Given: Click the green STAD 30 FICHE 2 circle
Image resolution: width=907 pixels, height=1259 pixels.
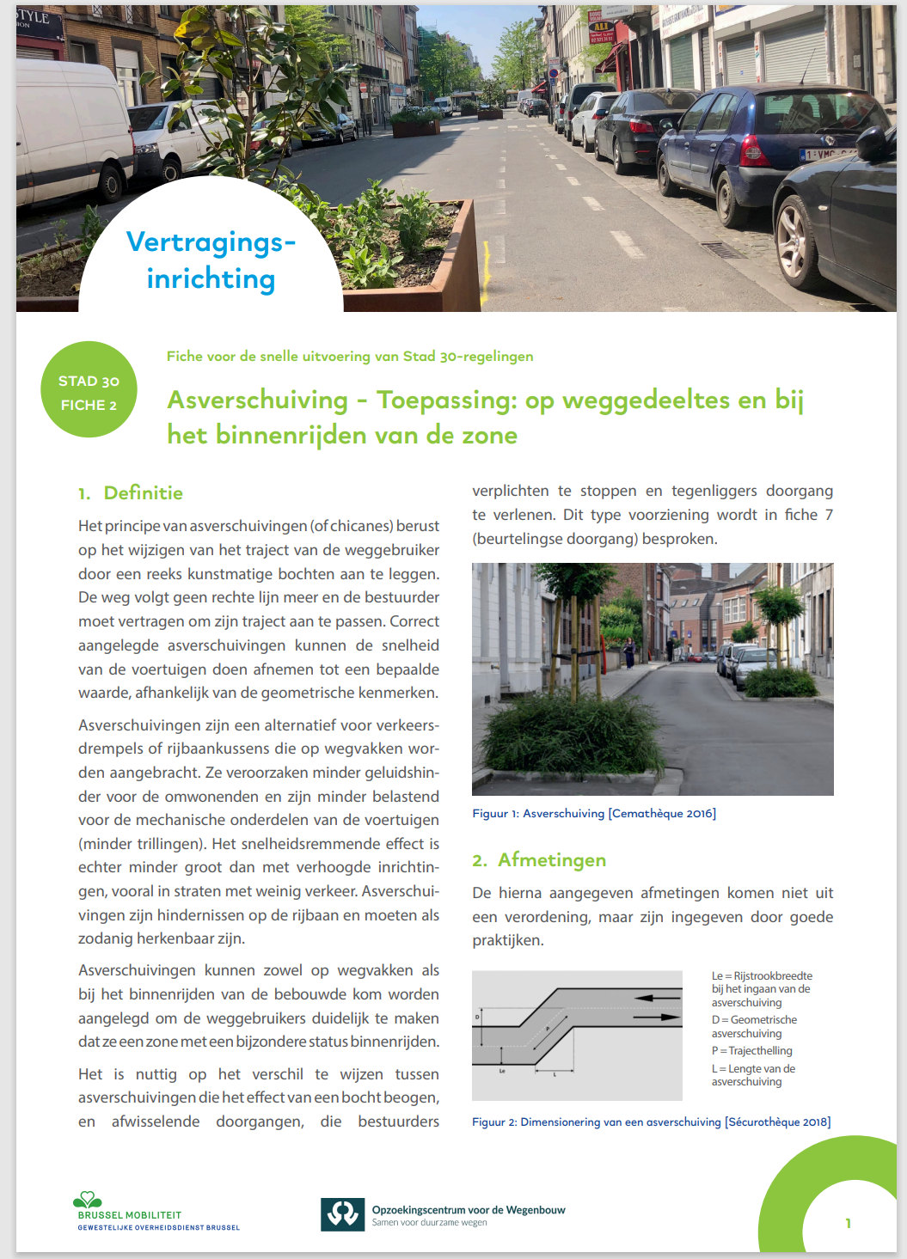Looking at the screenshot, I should pyautogui.click(x=89, y=389).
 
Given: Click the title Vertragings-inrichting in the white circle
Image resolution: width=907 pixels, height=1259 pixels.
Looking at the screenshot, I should pyautogui.click(x=211, y=260).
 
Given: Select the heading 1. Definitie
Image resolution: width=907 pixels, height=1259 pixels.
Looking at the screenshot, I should pyautogui.click(x=131, y=492).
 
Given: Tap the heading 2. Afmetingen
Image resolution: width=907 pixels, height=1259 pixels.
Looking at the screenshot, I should pyautogui.click(x=539, y=859).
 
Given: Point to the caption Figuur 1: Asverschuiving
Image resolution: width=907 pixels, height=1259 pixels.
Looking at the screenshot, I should pyautogui.click(x=593, y=813).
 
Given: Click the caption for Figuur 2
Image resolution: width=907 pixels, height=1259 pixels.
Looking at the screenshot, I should pyautogui.click(x=651, y=1121).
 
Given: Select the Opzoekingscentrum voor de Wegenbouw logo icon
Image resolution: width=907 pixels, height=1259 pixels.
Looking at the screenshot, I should pyautogui.click(x=342, y=1214).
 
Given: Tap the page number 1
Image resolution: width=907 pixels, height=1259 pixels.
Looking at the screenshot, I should pyautogui.click(x=848, y=1223).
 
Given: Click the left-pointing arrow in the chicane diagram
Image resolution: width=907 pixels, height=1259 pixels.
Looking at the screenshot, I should pyautogui.click(x=658, y=999).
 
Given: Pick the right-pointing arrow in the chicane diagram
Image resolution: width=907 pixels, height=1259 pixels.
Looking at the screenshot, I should pyautogui.click(x=658, y=1017).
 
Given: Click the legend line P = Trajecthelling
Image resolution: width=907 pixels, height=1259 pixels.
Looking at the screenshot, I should pyautogui.click(x=751, y=1050).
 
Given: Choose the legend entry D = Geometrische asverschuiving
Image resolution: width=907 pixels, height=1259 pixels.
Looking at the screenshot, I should pyautogui.click(x=754, y=1026).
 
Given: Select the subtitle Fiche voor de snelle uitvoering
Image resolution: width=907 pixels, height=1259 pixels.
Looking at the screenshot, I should pyautogui.click(x=350, y=356).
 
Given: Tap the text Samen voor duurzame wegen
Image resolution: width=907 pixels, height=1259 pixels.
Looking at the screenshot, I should pyautogui.click(x=429, y=1223).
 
